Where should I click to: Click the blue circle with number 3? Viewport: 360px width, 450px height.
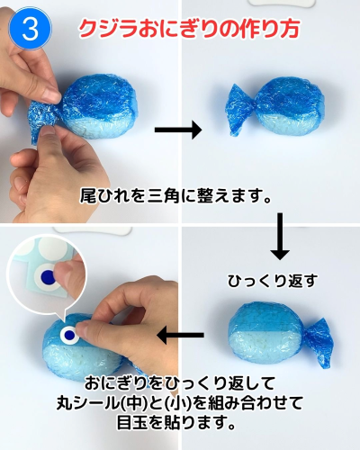tap(31, 29)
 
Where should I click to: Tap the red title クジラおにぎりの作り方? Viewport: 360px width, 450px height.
tap(189, 29)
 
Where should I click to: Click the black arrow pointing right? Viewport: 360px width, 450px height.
tap(178, 130)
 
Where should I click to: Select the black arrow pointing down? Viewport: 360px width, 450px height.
tap(280, 236)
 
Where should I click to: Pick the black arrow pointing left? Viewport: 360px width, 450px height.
tap(181, 335)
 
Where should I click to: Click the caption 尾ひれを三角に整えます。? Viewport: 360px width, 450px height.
tap(175, 197)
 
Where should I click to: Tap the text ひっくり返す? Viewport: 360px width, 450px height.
tap(273, 282)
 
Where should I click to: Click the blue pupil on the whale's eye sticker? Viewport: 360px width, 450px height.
tap(69, 334)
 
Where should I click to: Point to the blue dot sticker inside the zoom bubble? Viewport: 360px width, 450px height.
tap(48, 276)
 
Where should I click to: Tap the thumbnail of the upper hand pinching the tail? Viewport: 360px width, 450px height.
tap(51, 95)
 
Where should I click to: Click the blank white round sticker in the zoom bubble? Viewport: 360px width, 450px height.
tap(54, 247)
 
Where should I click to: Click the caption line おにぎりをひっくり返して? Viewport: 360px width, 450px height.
tap(180, 383)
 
